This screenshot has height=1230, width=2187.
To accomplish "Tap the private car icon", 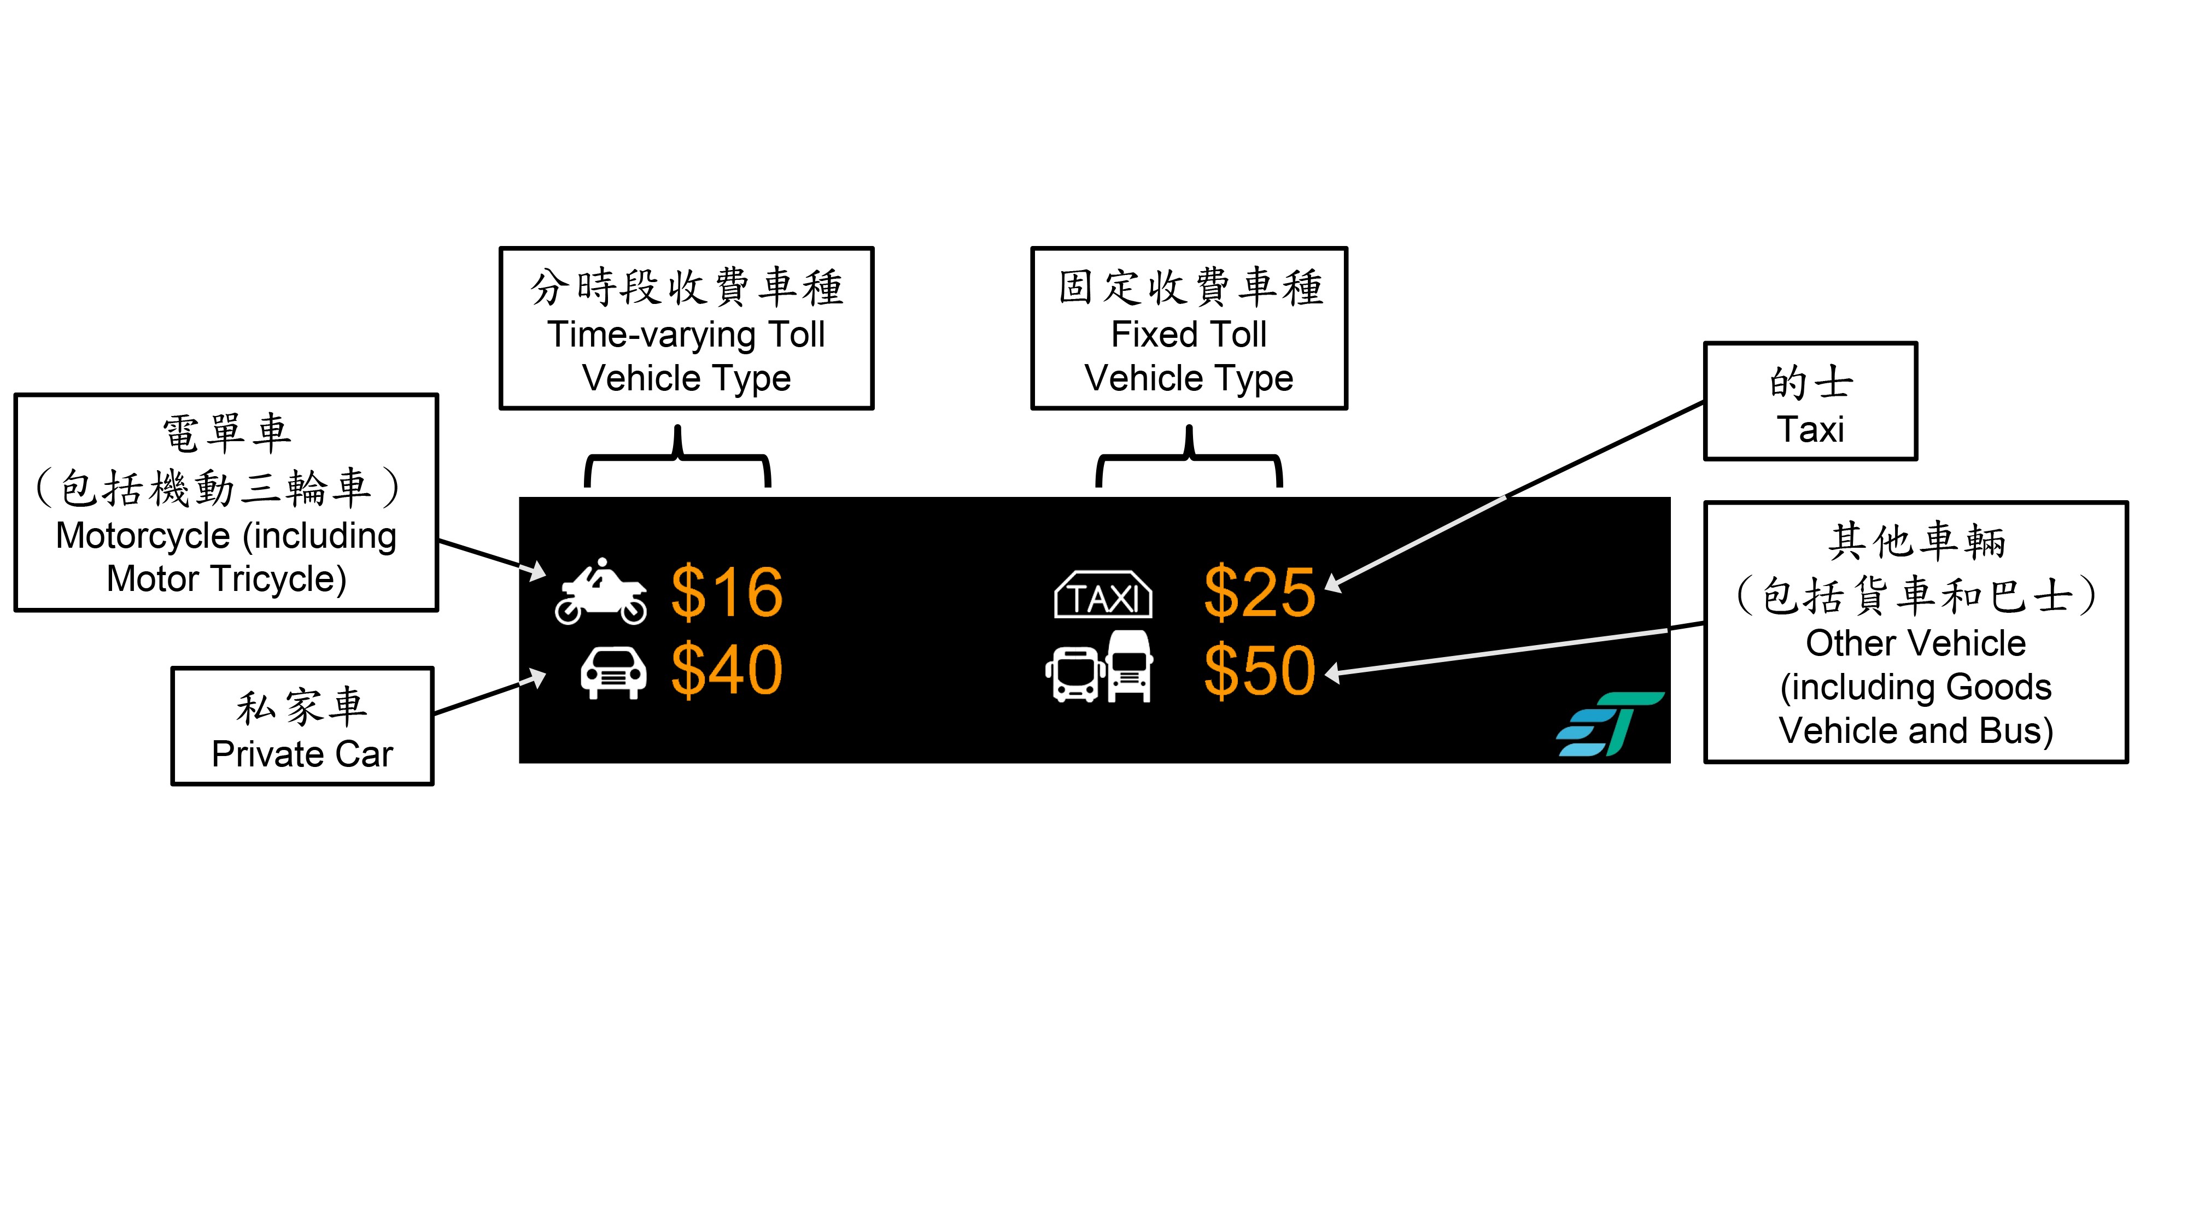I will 613,672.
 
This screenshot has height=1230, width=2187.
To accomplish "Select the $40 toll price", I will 727,671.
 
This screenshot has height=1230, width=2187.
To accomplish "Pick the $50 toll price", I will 1260,671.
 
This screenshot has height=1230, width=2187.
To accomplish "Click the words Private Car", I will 302,754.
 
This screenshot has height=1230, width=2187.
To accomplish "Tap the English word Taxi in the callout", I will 1810,430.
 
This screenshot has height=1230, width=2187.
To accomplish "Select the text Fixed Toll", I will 1189,335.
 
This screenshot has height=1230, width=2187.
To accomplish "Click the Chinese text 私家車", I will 302,706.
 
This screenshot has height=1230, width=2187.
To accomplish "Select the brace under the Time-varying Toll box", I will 677,459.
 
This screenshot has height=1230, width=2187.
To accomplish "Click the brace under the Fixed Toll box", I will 1189,459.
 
